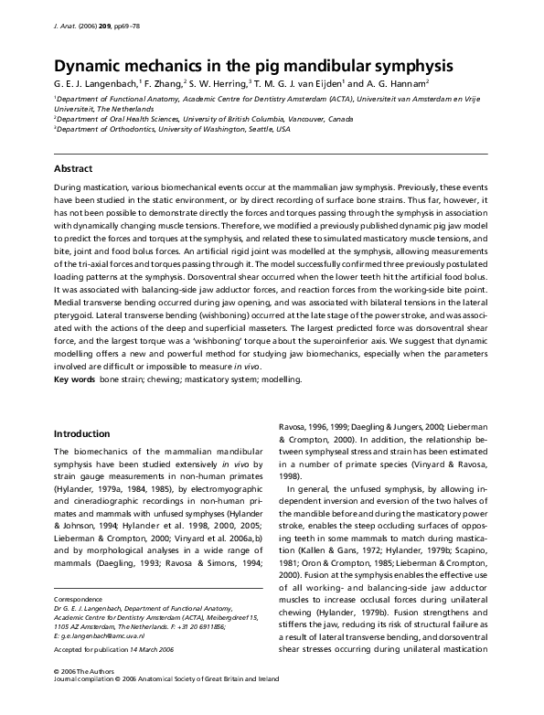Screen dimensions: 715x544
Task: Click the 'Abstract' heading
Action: [74, 169]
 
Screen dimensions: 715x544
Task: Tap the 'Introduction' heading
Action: [82, 433]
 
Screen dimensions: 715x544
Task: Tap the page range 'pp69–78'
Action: [143, 28]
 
